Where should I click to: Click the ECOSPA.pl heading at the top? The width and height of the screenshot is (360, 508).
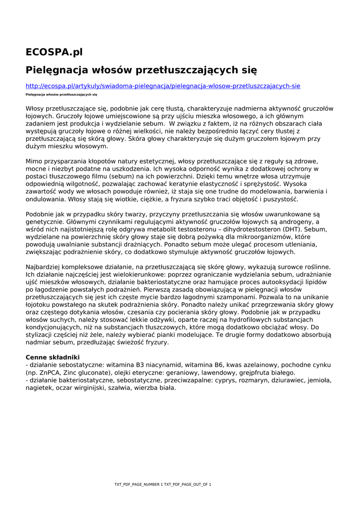[x=54, y=52]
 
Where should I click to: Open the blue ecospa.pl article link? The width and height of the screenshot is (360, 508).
[x=163, y=86]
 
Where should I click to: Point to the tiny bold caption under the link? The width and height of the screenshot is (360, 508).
[x=61, y=94]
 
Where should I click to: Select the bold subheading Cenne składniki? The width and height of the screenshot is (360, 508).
[x=52, y=357]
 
